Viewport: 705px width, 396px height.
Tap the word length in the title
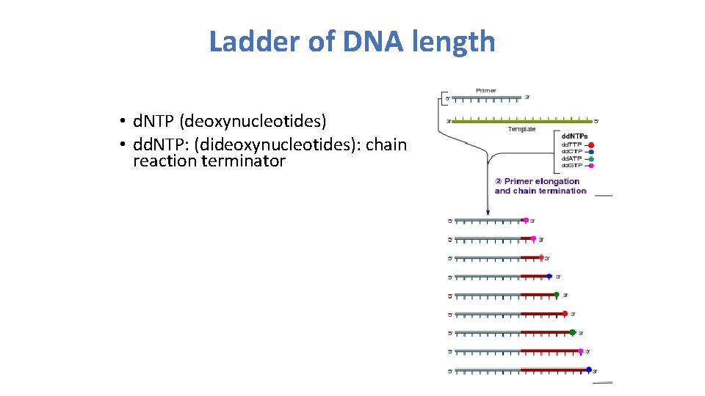click(x=458, y=42)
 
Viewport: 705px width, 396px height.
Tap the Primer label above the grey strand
click(x=486, y=91)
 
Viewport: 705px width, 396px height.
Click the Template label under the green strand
click(x=522, y=129)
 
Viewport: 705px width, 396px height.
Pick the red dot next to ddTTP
click(x=590, y=145)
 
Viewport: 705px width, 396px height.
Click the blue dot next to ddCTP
click(x=590, y=152)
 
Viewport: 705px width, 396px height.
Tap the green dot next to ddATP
click(x=590, y=158)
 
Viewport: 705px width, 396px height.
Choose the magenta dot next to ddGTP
click(x=590, y=166)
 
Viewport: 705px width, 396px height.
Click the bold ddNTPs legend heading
click(x=574, y=136)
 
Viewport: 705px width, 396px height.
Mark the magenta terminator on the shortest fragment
click(x=526, y=220)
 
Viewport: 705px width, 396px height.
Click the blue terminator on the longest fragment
click(x=588, y=370)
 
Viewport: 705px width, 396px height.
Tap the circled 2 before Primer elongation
click(x=498, y=181)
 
